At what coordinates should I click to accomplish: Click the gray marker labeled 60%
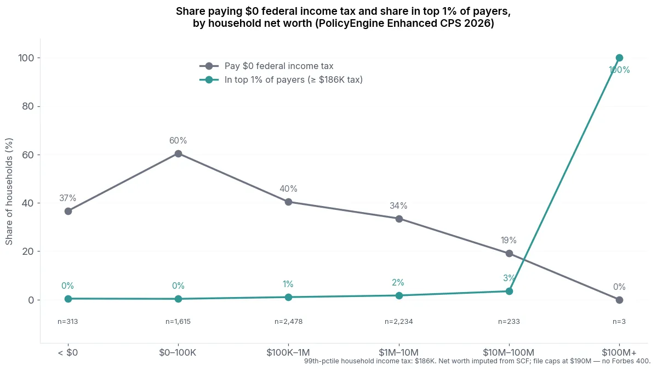178,153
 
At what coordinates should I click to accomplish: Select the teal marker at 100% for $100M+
619,58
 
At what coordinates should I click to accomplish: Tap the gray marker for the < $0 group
68,211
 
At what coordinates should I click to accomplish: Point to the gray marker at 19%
509,253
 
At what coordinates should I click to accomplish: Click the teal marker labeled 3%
509,291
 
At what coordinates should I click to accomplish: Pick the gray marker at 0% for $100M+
619,300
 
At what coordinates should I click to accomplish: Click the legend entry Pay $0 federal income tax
278,66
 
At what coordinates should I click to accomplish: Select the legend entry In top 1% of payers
293,80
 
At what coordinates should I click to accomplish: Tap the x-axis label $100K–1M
288,352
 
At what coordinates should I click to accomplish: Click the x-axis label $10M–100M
509,352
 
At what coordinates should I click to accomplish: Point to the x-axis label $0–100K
178,352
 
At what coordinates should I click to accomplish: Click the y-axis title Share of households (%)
9,192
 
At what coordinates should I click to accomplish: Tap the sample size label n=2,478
288,322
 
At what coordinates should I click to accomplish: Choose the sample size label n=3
619,322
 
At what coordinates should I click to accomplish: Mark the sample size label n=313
68,322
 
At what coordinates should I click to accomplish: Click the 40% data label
288,189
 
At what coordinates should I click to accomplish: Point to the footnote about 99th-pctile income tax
477,361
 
